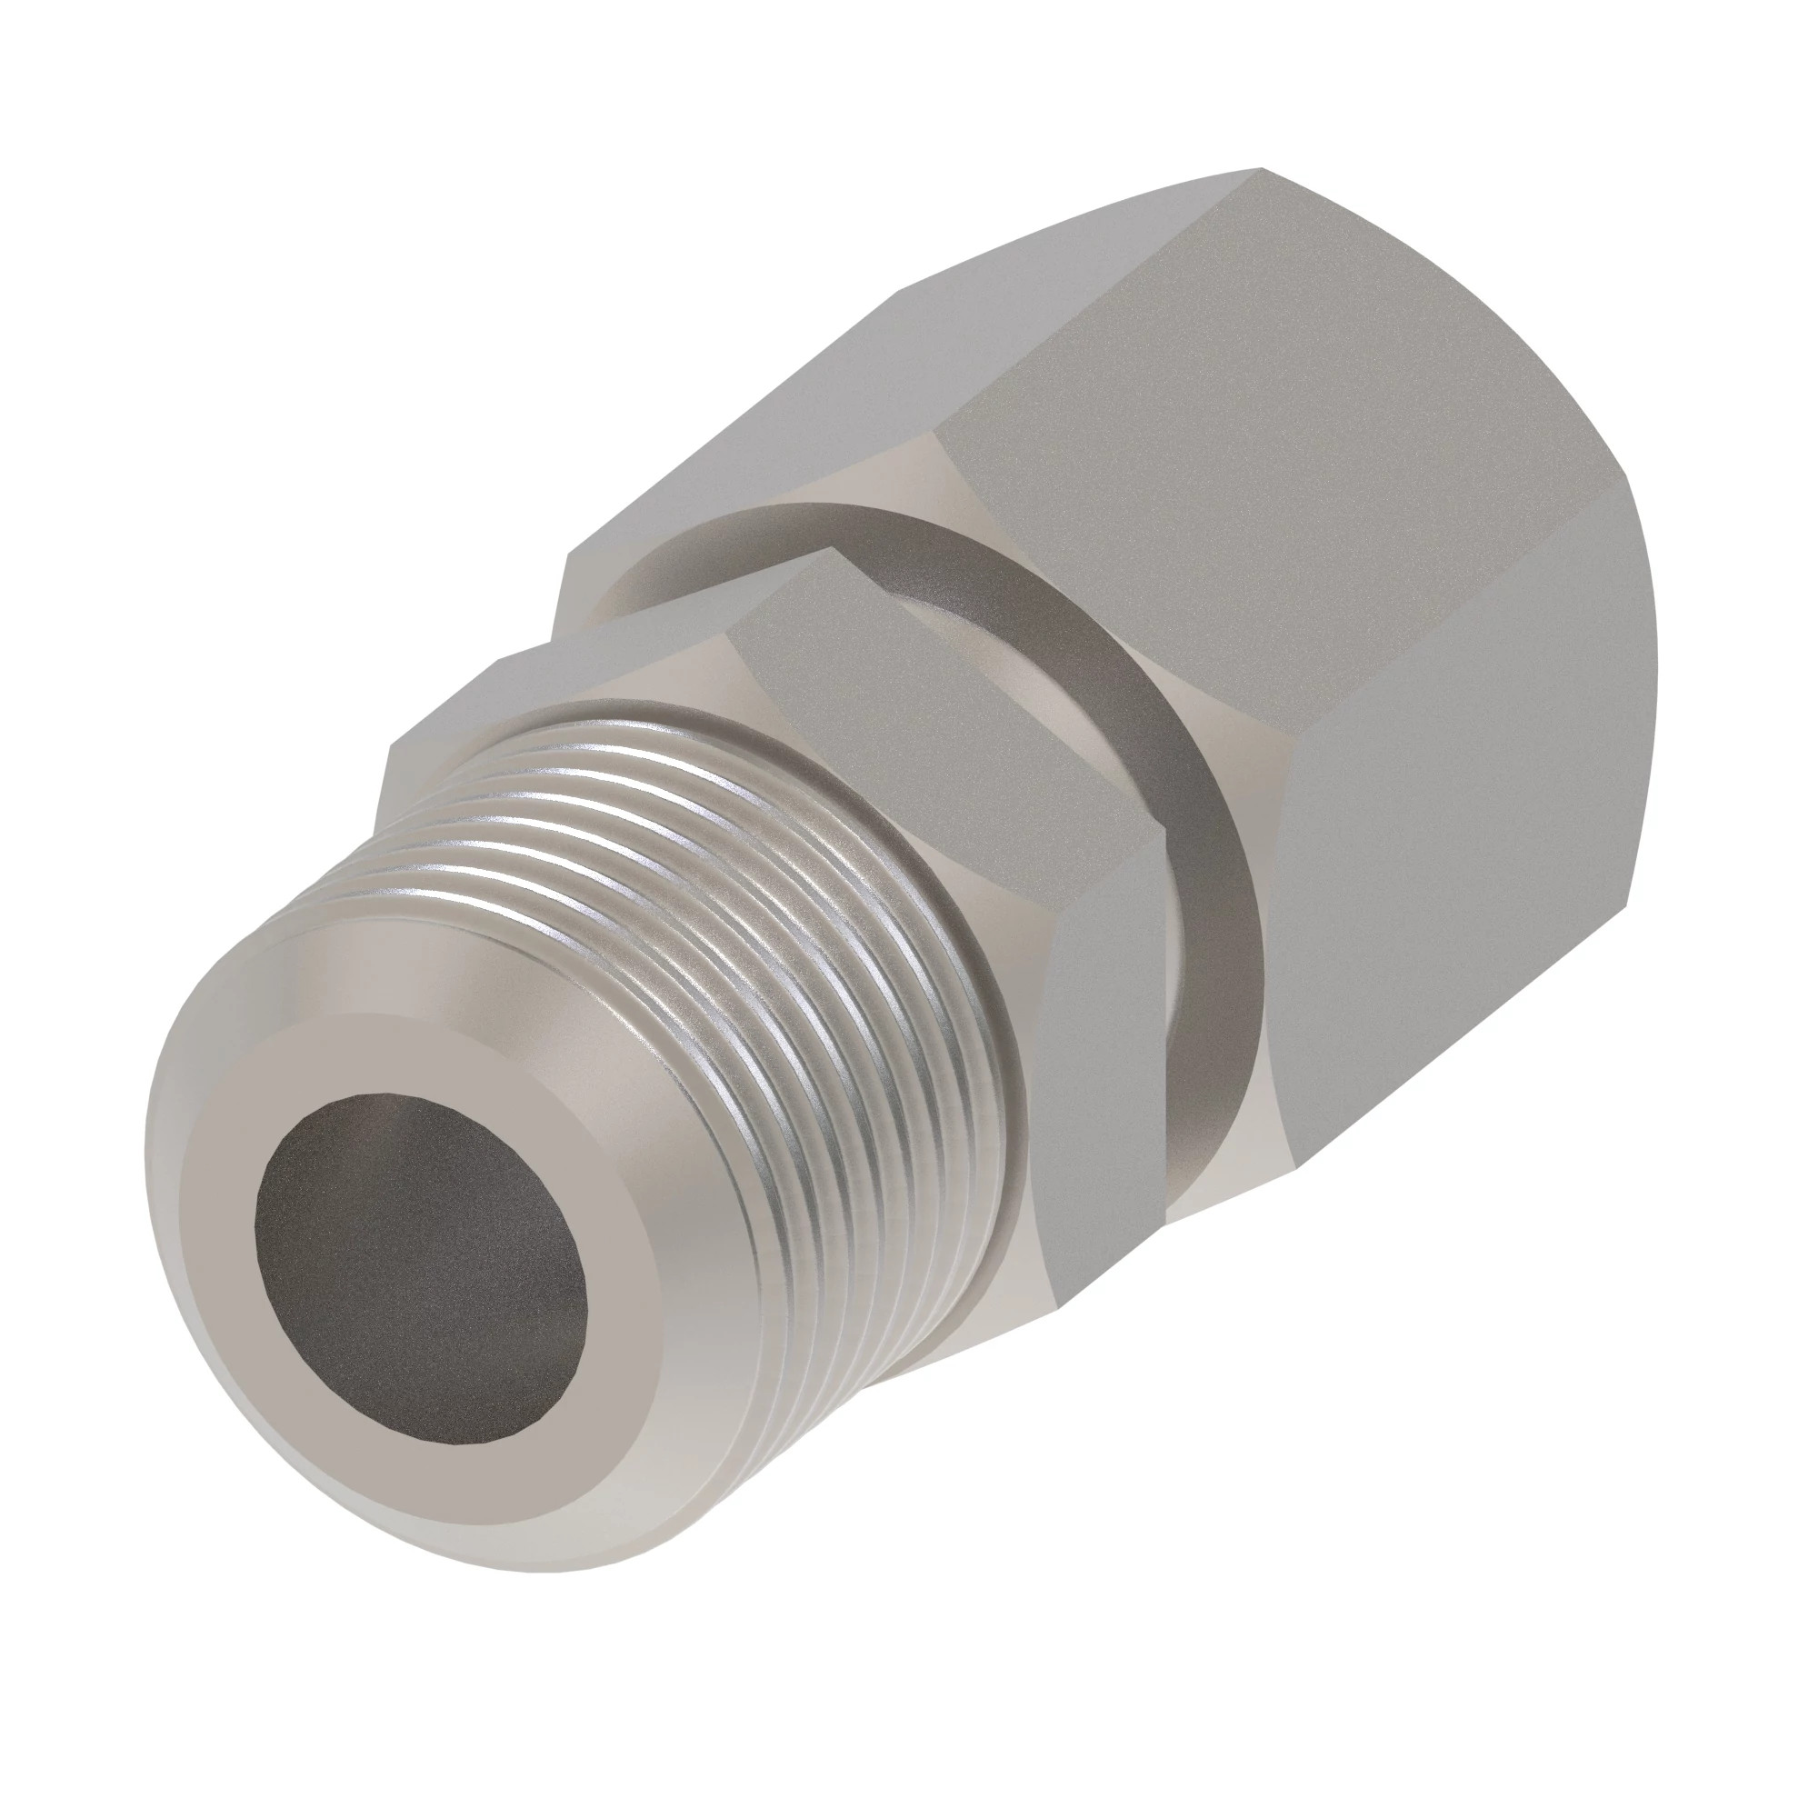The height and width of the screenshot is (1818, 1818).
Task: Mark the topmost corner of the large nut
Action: pos(1261,169)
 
